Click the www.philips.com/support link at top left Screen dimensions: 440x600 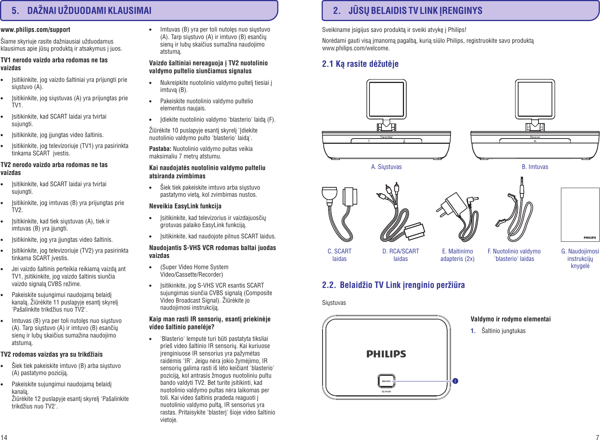pyautogui.click(x=35, y=30)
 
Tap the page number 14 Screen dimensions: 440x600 pyautogui.click(x=4, y=437)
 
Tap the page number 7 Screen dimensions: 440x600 pyautogui.click(x=597, y=437)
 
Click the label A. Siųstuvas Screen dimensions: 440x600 pyautogui.click(x=386, y=167)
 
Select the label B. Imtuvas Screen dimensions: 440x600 pyautogui.click(x=535, y=167)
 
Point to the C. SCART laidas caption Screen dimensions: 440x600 pyautogui.click(x=339, y=255)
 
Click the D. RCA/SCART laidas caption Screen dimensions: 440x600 pyautogui.click(x=401, y=255)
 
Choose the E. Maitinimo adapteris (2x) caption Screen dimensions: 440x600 pyautogui.click(x=457, y=255)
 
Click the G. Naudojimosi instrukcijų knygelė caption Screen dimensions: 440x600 pyautogui.click(x=580, y=258)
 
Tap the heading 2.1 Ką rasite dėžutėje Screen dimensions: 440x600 pyautogui.click(x=360, y=64)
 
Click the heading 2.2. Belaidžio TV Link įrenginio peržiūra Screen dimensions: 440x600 pyautogui.click(x=393, y=285)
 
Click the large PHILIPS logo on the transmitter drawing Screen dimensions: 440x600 pyautogui.click(x=386, y=354)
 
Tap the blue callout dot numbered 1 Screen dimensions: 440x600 pyautogui.click(x=455, y=381)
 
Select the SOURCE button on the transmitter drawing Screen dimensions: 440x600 pyautogui.click(x=386, y=381)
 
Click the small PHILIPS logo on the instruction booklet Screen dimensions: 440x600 pyautogui.click(x=589, y=237)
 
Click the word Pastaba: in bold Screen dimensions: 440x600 pyautogui.click(x=160, y=149)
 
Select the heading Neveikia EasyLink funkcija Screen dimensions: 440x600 pyautogui.click(x=185, y=206)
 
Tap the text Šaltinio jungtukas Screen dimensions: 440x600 pyautogui.click(x=503, y=331)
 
